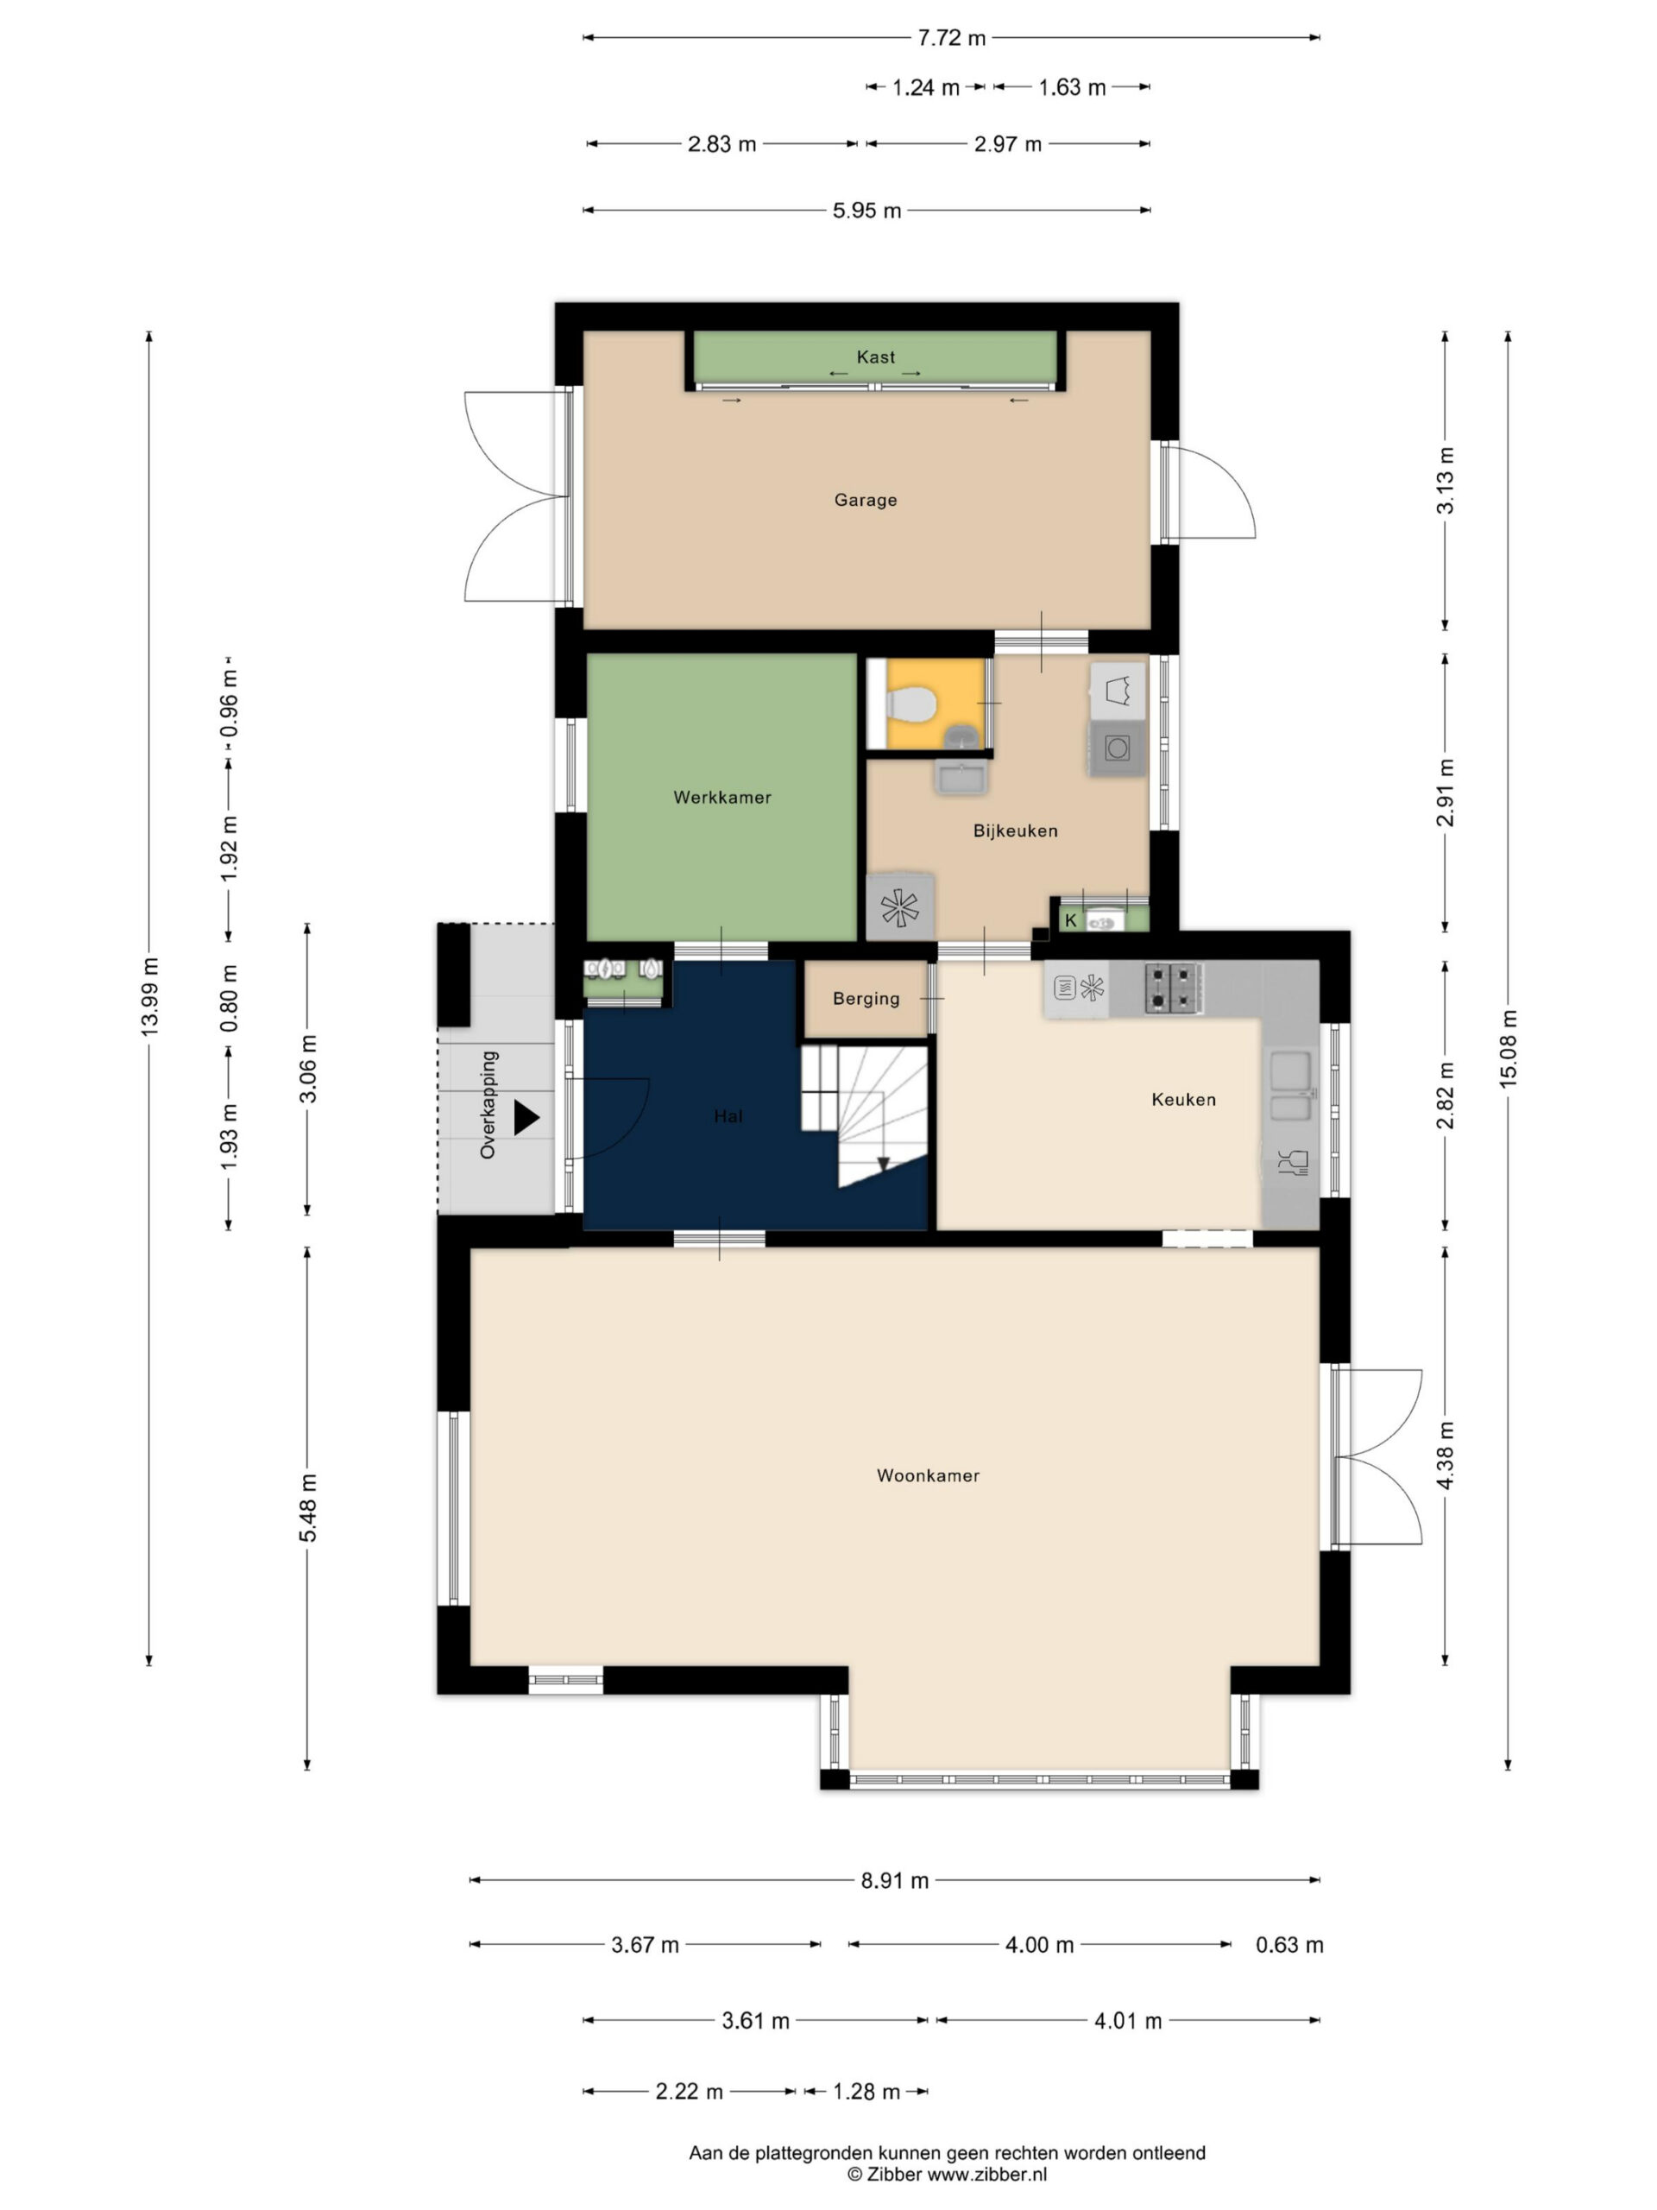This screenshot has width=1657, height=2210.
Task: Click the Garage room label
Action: [865, 500]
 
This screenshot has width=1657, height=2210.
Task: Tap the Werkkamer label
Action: [722, 798]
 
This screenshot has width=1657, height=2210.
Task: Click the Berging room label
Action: [866, 998]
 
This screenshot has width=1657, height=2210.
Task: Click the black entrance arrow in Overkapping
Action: [526, 1117]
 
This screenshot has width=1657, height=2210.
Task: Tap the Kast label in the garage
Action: [876, 357]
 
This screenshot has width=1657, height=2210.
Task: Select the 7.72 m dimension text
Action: [951, 38]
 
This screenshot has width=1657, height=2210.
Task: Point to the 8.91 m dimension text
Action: [895, 1880]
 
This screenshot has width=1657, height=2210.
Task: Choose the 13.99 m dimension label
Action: [150, 996]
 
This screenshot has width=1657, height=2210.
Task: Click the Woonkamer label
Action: [928, 1475]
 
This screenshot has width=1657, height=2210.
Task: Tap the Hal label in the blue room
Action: [728, 1116]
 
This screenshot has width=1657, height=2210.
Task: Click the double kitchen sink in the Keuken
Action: [1290, 1086]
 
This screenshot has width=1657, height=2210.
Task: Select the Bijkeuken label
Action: [1015, 830]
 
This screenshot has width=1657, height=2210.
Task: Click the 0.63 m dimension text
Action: [1289, 1944]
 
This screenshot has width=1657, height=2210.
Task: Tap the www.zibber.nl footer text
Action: [986, 2174]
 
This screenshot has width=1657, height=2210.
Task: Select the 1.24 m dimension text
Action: [926, 88]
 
